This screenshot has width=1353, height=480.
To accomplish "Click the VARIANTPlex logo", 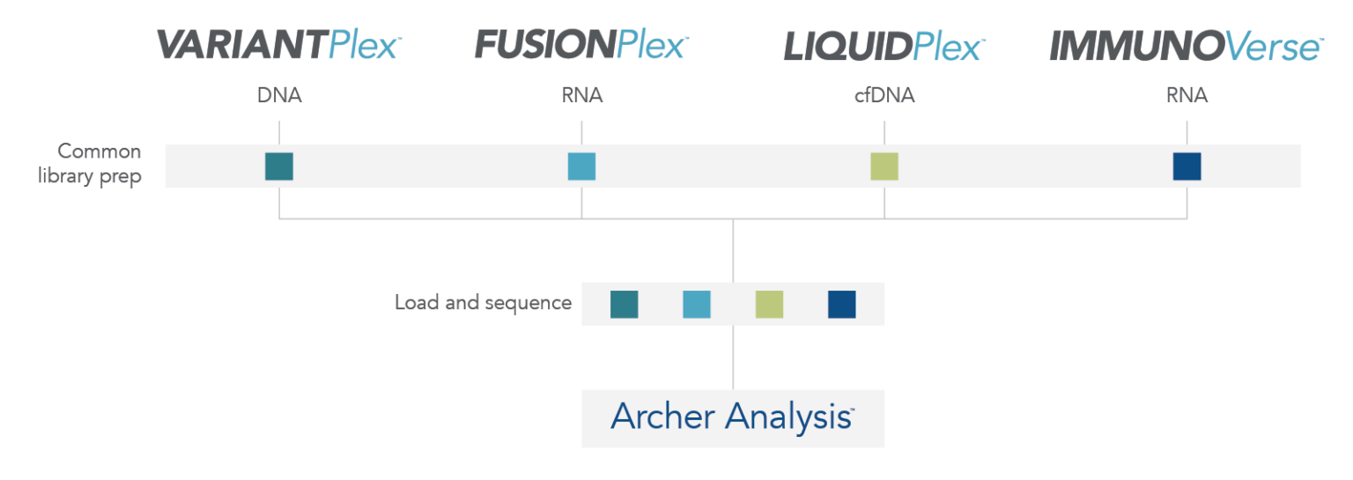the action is point(279,45).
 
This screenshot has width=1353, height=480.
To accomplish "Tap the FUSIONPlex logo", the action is point(581,45).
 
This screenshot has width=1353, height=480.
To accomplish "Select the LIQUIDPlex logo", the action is point(885,47).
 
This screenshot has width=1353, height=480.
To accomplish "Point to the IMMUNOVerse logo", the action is point(1187,47).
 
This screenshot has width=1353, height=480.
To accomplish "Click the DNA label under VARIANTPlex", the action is point(279,95).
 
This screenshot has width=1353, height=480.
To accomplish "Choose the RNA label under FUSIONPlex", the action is point(581,95).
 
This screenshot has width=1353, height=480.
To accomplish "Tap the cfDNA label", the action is point(884,95).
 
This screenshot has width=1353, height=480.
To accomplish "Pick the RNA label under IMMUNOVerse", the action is point(1187,95).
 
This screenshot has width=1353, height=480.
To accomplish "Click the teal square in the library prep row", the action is point(279,166).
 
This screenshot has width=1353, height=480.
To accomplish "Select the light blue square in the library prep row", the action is point(581,166).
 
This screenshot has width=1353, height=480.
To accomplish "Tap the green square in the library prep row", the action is point(884,166).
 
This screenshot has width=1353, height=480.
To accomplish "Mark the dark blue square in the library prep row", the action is point(1187,166).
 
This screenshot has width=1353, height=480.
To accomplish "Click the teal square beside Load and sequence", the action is point(624,305).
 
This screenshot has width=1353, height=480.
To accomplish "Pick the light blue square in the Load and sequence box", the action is point(697,305).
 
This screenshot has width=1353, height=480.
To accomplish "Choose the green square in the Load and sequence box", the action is point(770,305).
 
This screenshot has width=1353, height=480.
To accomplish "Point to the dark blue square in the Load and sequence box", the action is point(842,305).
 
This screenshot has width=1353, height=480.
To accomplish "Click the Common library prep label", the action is point(89,164).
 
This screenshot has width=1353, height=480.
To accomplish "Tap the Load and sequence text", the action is point(484,302).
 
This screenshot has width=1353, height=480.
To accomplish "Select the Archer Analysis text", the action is point(732,417).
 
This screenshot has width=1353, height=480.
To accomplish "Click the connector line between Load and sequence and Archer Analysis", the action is point(733,358).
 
